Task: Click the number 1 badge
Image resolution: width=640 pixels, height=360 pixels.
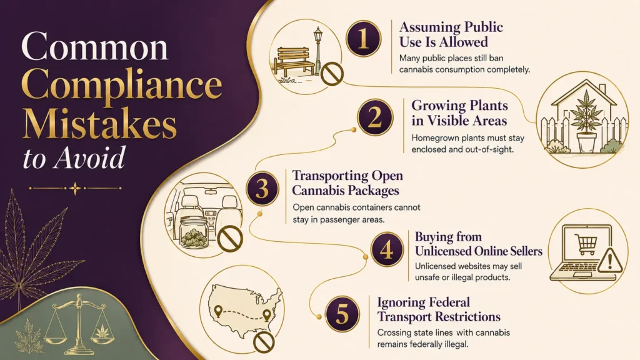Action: coord(363,39)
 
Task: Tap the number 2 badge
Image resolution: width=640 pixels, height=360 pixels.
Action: coord(375,117)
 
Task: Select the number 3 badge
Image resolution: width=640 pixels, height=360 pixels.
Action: coord(262,189)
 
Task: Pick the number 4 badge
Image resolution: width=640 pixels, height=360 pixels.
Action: coord(386,249)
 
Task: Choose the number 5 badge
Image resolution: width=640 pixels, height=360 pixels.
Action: coord(342,314)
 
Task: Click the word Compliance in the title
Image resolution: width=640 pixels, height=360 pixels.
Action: coord(122,85)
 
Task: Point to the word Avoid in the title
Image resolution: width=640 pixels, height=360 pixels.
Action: coord(89,158)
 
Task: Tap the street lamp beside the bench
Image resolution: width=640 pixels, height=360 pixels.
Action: coord(318,51)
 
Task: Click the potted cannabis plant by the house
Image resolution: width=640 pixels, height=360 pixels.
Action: coord(586,122)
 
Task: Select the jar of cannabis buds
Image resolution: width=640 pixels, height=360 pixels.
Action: coord(194,232)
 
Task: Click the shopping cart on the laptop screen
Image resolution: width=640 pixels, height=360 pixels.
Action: coord(586,244)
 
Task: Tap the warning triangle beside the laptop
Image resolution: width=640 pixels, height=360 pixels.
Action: coord(610,260)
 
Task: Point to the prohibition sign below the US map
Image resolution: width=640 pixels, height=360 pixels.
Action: coord(264,342)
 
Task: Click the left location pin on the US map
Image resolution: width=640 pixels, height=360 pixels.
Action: coord(218,311)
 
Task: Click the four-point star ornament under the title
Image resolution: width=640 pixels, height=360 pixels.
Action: coord(75,188)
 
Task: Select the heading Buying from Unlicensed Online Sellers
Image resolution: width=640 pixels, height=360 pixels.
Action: coord(478,244)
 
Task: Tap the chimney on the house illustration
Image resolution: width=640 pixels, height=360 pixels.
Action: coord(603,89)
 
